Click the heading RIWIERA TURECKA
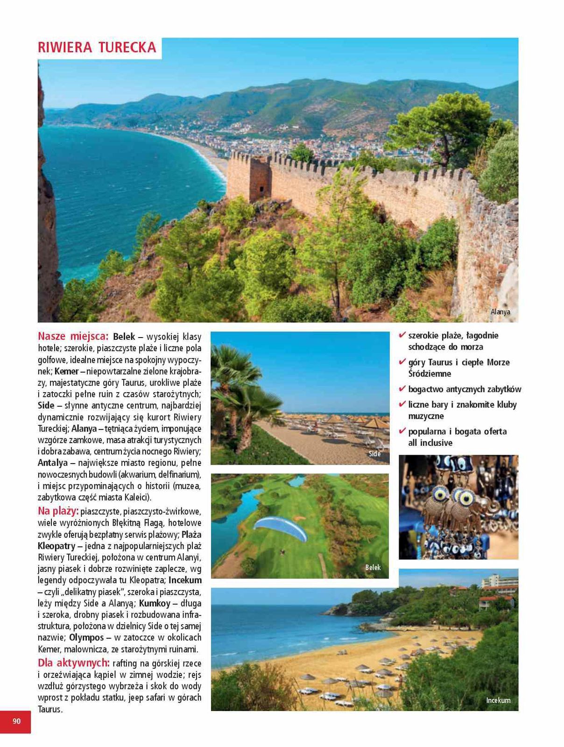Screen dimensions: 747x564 click(97, 48)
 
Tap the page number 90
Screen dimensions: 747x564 click(17, 721)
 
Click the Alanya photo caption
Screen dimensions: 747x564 click(500, 312)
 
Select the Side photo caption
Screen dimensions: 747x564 click(374, 454)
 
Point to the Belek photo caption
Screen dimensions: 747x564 click(373, 567)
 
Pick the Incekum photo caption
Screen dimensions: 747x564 click(498, 700)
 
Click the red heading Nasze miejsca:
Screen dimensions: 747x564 click(73, 336)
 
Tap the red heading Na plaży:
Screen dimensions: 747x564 click(58, 511)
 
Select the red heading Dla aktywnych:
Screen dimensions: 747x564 click(74, 662)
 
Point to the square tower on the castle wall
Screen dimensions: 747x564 click(260, 179)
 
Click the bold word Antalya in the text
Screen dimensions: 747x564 click(53, 463)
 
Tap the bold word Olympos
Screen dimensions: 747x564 click(86, 637)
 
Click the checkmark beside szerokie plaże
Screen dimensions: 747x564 click(402, 335)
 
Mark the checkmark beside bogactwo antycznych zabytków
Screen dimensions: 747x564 click(402, 388)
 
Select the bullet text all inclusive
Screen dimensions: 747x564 click(430, 443)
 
